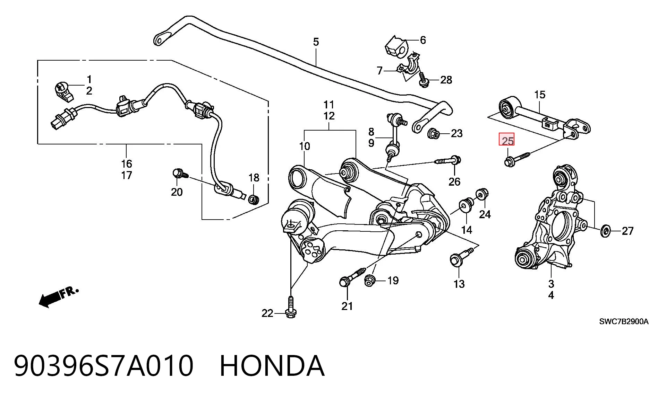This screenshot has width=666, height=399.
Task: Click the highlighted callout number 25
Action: click(x=506, y=141)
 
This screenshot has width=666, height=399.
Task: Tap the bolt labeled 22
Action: click(x=291, y=306)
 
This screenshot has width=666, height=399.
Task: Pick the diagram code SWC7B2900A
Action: click(x=624, y=322)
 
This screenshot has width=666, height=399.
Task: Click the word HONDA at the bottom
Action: click(x=272, y=366)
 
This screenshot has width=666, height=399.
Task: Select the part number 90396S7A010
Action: click(x=103, y=366)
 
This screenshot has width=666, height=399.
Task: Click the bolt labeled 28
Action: click(x=423, y=79)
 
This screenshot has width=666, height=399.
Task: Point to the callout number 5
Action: click(x=316, y=42)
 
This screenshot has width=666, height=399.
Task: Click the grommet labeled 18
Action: click(x=254, y=199)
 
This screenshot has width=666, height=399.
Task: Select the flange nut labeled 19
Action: click(x=369, y=281)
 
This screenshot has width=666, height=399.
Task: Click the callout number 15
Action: click(x=540, y=95)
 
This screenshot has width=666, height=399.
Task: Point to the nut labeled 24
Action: click(x=481, y=194)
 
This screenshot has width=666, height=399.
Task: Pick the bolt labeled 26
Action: click(x=447, y=161)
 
